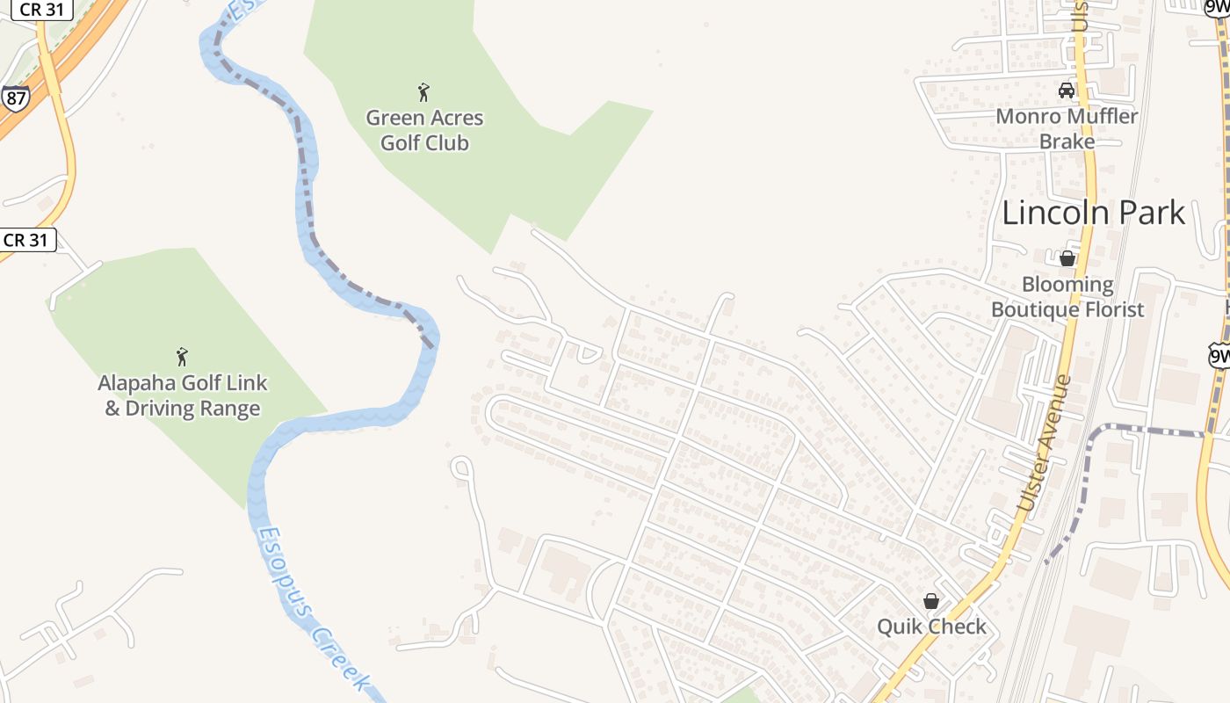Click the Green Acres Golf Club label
click(x=425, y=130)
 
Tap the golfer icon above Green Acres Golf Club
click(x=424, y=91)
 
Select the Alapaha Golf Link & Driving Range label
click(x=183, y=395)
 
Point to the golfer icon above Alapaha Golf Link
click(x=182, y=357)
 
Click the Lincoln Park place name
click(x=1093, y=213)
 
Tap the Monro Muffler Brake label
click(x=1067, y=128)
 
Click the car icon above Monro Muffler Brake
click(x=1067, y=91)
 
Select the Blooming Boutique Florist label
click(x=1067, y=297)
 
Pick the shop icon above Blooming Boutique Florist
click(x=1067, y=258)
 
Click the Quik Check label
click(x=931, y=627)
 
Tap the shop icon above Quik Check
click(x=931, y=601)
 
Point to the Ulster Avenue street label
click(x=1045, y=445)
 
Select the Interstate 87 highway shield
click(x=14, y=97)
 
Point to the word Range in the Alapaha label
click(x=231, y=409)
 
